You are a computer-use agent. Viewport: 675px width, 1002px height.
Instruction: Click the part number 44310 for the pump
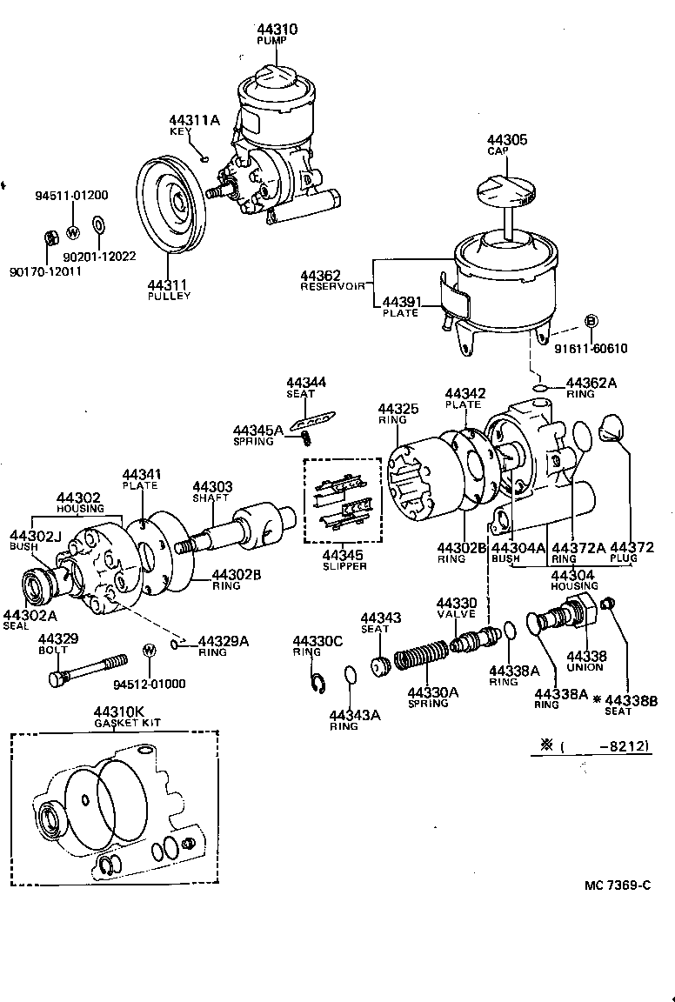(x=277, y=30)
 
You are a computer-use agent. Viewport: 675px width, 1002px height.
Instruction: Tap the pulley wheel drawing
(x=171, y=205)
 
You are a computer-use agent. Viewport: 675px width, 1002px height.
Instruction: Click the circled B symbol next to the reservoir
(x=591, y=321)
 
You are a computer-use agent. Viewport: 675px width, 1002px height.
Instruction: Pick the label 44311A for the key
(x=194, y=120)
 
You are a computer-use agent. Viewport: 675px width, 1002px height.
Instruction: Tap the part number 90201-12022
(x=99, y=257)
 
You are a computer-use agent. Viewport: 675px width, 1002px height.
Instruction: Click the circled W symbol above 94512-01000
(x=149, y=650)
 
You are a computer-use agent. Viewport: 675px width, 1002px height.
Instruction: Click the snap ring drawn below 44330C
(x=318, y=684)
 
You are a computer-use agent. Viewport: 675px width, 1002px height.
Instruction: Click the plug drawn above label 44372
(x=614, y=428)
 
